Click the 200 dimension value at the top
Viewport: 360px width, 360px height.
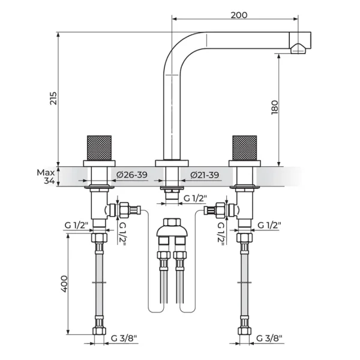coord(239,15)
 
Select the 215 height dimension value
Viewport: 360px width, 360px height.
coord(53,98)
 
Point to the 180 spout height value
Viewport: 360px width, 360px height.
coord(275,107)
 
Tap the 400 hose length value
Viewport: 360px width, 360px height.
coord(64,284)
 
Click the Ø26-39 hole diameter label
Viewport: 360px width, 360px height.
coord(132,175)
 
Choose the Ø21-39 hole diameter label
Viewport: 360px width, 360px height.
coord(205,175)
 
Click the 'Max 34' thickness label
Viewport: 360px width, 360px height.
coord(46,176)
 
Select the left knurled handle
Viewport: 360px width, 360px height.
coord(99,148)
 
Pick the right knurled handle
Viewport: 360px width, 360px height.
coord(245,148)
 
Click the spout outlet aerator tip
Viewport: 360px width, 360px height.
coord(298,49)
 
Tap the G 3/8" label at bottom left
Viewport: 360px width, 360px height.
coord(124,338)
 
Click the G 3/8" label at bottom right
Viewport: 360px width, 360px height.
coord(269,338)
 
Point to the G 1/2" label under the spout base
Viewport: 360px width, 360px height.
coord(196,198)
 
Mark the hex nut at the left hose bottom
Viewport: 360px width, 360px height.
coord(99,331)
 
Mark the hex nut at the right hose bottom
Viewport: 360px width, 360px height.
coord(245,331)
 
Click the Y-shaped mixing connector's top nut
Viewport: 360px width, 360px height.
coord(172,222)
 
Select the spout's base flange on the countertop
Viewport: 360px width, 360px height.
coord(172,163)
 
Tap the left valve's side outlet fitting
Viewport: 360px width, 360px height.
coord(124,210)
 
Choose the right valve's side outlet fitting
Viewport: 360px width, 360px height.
coord(220,210)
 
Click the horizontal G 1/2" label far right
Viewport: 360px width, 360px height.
coord(269,226)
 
